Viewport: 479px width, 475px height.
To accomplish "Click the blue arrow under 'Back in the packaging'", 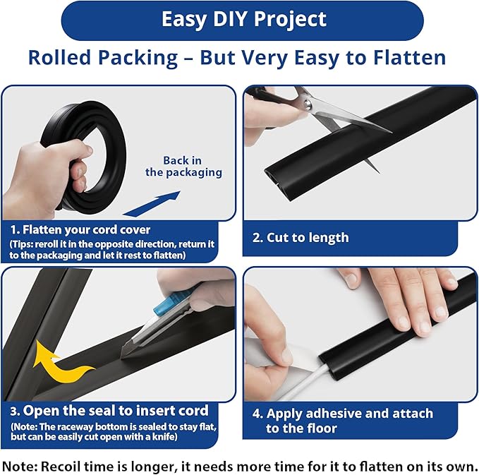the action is click(152, 204).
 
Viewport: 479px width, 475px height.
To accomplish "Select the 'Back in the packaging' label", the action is click(183, 167).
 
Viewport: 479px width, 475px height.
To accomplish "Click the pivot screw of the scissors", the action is click(308, 104).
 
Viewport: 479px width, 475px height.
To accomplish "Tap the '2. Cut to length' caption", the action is click(301, 237).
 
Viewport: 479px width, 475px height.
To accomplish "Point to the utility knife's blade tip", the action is click(121, 357).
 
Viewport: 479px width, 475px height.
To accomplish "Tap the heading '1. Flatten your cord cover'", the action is click(80, 230).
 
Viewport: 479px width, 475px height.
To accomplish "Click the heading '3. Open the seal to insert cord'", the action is click(109, 411).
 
